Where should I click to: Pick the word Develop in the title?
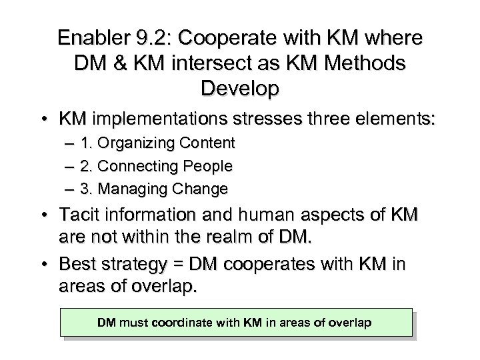pyautogui.click(x=240, y=89)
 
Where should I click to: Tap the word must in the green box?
pyautogui.click(x=132, y=323)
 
